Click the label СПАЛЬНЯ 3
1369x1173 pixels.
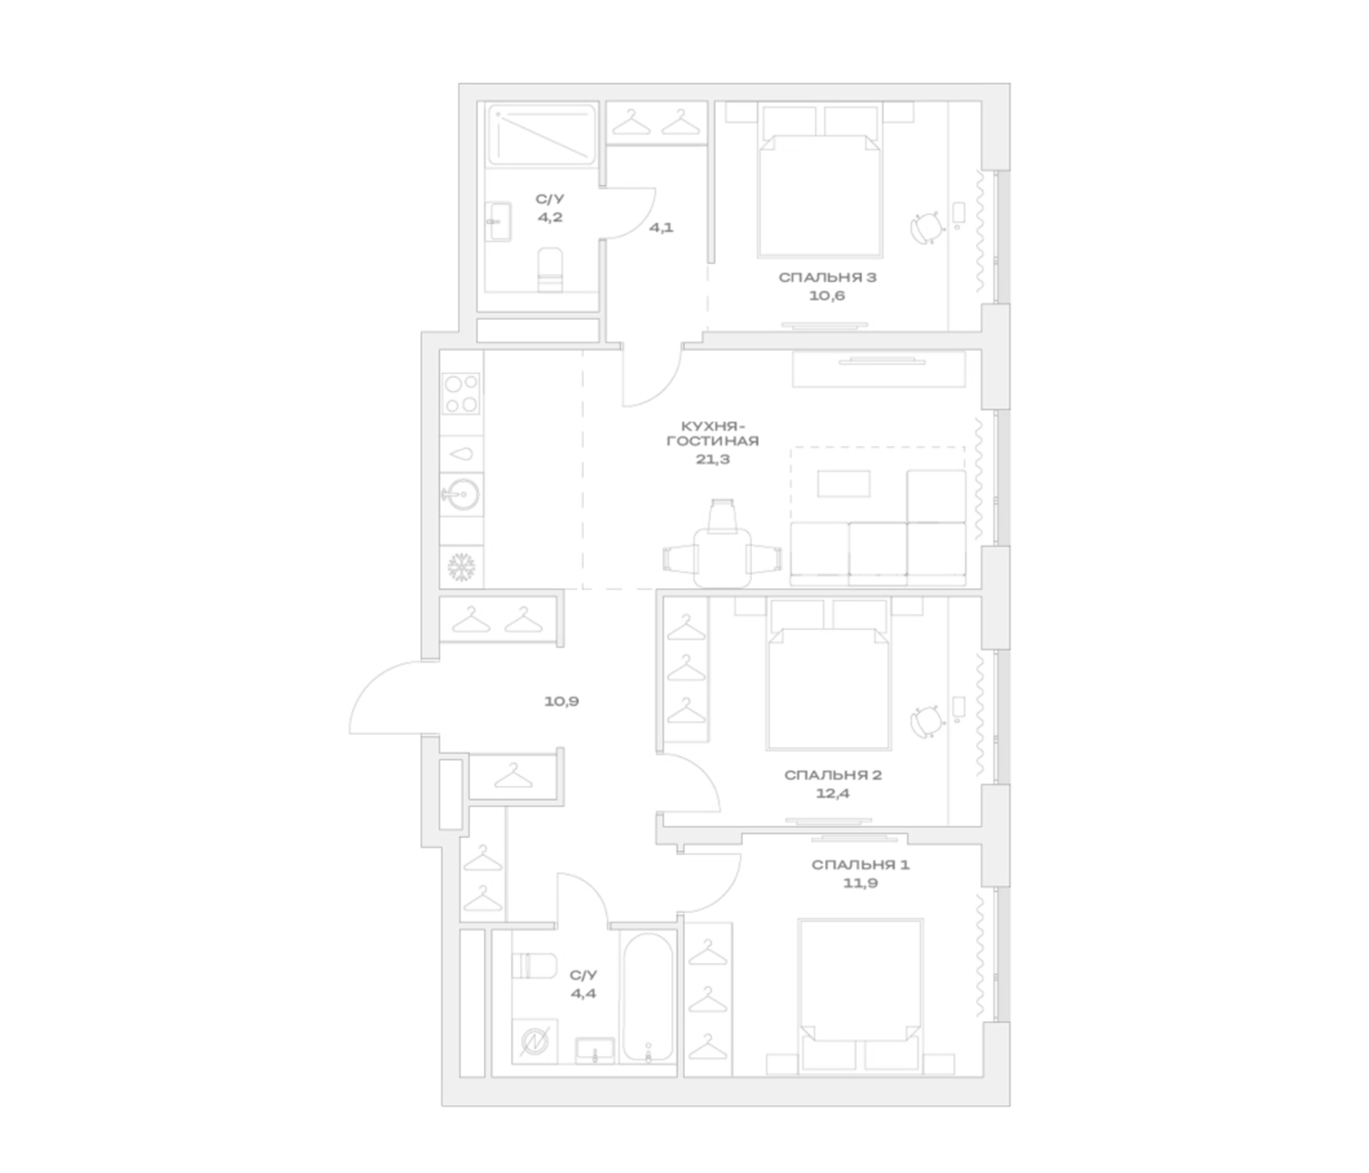827,278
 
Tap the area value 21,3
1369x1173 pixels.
713,459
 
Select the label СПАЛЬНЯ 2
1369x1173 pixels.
832,775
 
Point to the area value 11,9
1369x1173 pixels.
861,883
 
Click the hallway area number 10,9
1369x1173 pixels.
561,701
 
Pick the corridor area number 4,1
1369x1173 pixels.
662,228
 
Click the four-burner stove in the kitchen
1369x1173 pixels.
461,394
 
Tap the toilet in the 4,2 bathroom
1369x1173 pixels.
550,270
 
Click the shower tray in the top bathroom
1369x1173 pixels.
542,134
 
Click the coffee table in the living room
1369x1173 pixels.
844,484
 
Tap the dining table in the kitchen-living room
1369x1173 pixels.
722,557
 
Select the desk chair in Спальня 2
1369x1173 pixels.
926,722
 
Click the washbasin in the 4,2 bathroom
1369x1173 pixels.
498,222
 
